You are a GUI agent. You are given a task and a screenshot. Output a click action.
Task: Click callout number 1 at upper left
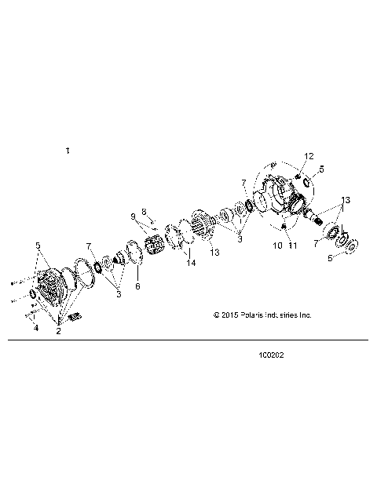tap(68, 150)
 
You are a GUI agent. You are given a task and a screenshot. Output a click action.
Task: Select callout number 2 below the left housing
tap(58, 332)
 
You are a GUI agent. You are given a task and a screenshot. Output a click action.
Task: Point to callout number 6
tap(137, 287)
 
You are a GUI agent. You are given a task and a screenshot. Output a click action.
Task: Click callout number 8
tap(144, 212)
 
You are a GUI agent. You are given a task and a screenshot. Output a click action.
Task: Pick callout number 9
tap(133, 216)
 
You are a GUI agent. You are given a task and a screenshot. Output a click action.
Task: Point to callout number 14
tap(190, 264)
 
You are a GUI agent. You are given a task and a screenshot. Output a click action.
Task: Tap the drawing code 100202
tap(270, 355)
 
